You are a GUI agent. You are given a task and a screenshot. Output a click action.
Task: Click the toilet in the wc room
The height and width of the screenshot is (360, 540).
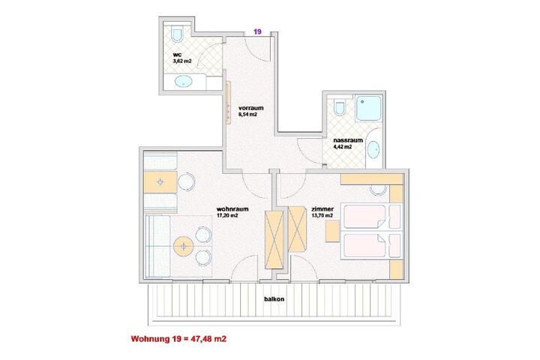177,34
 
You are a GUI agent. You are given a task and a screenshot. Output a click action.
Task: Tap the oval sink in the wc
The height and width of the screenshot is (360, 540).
184,82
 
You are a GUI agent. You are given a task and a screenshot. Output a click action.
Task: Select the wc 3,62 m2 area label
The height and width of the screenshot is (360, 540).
181,58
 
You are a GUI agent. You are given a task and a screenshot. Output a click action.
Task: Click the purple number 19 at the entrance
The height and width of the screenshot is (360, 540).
257,31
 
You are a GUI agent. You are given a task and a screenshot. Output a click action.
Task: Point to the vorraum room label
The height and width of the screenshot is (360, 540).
250,108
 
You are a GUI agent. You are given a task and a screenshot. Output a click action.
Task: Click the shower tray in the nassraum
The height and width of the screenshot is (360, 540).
368,108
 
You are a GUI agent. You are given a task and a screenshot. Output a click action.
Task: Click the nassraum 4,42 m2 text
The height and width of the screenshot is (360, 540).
348,143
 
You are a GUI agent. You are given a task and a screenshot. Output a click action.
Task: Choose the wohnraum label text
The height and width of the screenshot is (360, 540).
232,209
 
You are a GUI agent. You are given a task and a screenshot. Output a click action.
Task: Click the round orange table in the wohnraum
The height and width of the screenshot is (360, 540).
184,247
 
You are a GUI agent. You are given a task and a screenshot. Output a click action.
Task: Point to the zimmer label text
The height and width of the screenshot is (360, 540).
322,209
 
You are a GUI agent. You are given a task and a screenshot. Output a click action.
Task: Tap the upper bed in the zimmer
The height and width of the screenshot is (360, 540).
371,217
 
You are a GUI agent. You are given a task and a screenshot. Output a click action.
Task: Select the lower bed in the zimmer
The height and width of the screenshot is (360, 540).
371,245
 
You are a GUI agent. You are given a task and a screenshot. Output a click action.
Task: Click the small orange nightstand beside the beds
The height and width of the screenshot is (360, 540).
332,231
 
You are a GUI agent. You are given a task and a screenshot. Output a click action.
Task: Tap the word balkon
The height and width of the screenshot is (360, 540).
274,299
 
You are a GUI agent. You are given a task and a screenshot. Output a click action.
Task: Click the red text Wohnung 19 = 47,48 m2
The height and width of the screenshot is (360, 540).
178,339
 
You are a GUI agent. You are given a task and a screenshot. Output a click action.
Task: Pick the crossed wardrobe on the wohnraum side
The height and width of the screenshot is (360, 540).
274,239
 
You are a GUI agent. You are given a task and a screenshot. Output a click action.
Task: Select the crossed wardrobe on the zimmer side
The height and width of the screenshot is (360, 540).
297,229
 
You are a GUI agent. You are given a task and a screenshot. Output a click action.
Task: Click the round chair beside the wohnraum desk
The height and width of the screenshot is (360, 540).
186,181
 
